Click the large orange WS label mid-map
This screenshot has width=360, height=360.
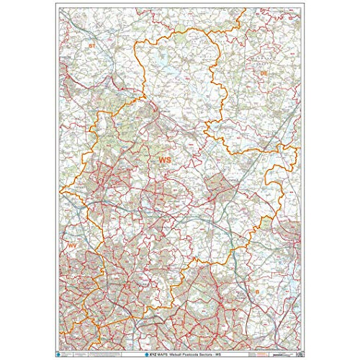tap(166, 159)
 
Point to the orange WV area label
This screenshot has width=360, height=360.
tap(72, 247)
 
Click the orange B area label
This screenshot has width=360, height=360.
tap(256, 291)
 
